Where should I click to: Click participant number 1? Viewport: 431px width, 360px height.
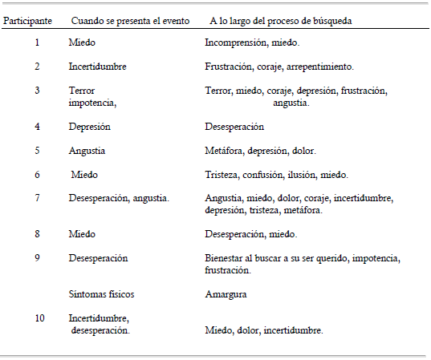pyautogui.click(x=37, y=42)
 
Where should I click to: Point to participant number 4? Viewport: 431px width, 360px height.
pyautogui.click(x=37, y=127)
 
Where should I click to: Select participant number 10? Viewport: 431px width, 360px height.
pyautogui.click(x=39, y=318)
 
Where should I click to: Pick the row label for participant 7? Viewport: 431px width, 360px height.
pyautogui.click(x=37, y=197)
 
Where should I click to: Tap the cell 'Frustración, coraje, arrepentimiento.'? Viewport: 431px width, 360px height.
pyautogui.click(x=279, y=67)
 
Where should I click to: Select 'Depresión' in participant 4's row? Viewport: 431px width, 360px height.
pyautogui.click(x=90, y=127)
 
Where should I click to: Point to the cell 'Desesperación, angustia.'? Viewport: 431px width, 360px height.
pyautogui.click(x=119, y=197)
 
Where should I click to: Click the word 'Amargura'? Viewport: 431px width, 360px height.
pyautogui.click(x=225, y=294)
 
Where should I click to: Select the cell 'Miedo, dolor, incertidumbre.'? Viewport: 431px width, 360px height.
pyautogui.click(x=264, y=330)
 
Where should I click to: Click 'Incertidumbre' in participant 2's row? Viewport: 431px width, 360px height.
pyautogui.click(x=98, y=67)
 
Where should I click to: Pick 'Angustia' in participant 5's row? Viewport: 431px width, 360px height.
pyautogui.click(x=87, y=150)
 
